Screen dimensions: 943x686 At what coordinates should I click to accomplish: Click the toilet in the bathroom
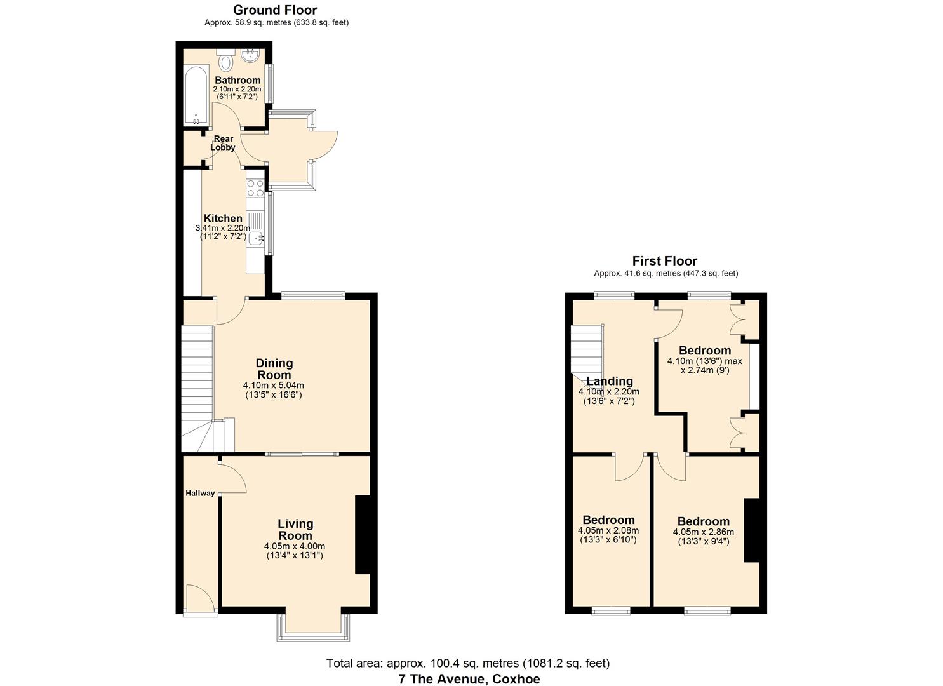tap(226, 60)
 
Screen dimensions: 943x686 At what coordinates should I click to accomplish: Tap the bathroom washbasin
tap(251, 56)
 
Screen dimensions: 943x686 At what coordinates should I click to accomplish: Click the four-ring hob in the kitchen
tap(255, 188)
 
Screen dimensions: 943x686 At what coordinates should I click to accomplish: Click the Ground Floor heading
tap(275, 10)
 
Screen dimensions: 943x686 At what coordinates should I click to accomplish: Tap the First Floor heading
tap(665, 260)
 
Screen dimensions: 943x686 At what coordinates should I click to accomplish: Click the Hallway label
tap(200, 493)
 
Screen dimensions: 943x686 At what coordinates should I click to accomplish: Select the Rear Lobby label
tap(223, 143)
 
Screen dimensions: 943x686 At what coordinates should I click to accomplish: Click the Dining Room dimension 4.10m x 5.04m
tap(273, 386)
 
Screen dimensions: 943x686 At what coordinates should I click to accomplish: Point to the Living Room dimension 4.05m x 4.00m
tap(294, 546)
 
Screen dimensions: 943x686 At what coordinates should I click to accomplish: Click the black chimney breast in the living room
tap(363, 535)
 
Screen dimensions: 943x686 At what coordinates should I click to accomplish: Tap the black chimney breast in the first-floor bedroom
tap(752, 530)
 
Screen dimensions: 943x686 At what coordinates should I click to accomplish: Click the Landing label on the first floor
tap(610, 381)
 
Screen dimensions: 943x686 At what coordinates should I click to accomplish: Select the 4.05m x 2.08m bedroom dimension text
tap(608, 530)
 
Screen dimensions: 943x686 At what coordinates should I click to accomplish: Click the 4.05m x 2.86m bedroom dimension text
tap(704, 532)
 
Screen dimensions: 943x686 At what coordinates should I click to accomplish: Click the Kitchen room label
tap(223, 218)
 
